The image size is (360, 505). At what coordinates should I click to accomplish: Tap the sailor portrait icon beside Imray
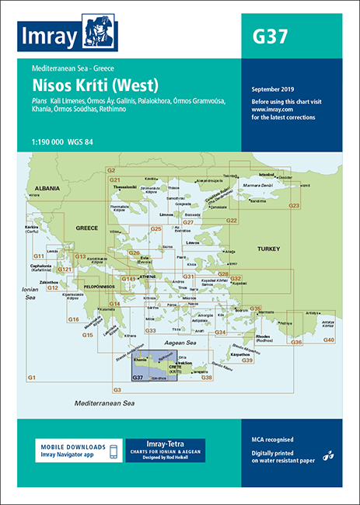click(x=99, y=33)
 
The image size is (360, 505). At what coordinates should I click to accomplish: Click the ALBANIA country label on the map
click(x=45, y=188)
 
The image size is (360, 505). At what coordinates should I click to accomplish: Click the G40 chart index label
click(x=329, y=340)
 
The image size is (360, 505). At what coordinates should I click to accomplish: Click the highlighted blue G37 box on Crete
click(x=138, y=378)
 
